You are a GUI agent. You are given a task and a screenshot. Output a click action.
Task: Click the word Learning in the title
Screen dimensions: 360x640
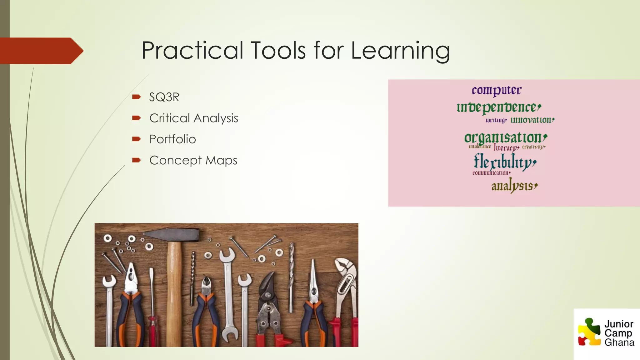tap(400, 51)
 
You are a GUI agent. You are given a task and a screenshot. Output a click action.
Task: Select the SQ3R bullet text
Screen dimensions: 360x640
tap(164, 97)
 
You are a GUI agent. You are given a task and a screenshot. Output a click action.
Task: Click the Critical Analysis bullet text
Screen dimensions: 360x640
tap(193, 118)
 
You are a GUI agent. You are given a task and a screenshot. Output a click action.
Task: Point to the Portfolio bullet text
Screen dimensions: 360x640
tap(172, 139)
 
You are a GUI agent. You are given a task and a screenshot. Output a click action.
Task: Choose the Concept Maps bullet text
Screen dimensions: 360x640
tap(193, 160)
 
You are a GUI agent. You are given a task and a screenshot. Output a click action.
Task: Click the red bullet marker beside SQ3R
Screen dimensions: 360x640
tap(136, 97)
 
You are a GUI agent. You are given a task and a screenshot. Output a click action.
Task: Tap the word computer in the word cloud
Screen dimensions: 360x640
tap(497, 90)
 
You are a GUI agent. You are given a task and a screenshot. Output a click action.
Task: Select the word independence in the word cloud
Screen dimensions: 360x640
tap(498, 107)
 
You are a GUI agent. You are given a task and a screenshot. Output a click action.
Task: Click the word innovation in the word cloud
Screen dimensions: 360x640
tap(532, 120)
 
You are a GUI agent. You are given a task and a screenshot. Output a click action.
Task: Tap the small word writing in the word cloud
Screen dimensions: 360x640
tap(496, 120)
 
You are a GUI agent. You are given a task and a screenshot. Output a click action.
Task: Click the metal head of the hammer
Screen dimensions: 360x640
tap(171, 235)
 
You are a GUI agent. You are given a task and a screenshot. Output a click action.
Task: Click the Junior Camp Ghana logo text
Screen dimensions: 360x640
tap(619, 333)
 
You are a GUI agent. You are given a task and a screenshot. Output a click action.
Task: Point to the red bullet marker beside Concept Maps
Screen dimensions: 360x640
tap(136, 160)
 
